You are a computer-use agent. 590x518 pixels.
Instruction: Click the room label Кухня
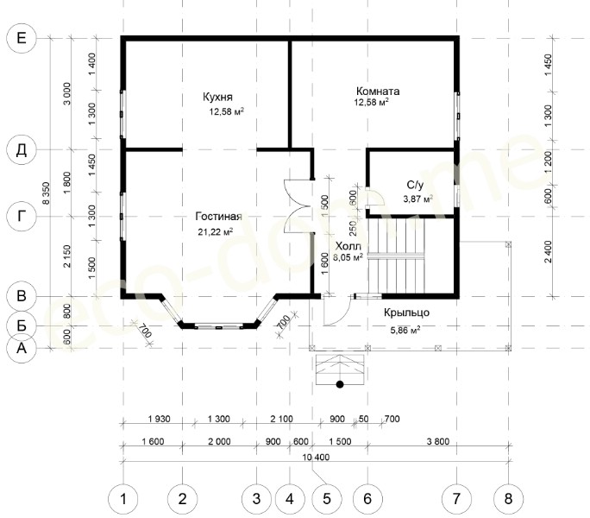click(217, 97)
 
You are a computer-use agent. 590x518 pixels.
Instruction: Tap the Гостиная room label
click(218, 216)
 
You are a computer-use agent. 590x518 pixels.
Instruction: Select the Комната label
click(378, 92)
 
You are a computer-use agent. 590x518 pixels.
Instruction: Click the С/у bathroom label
click(415, 185)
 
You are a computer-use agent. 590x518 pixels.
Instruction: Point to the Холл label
click(348, 246)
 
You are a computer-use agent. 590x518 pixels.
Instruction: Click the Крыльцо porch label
click(406, 313)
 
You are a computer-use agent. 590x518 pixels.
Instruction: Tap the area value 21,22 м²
click(216, 231)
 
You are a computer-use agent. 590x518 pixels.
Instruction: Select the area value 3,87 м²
click(417, 199)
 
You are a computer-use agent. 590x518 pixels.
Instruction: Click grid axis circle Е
click(22, 38)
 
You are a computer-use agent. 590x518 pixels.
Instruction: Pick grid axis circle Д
click(22, 149)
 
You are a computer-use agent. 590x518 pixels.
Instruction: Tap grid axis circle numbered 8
click(508, 499)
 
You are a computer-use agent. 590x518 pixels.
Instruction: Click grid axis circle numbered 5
click(327, 499)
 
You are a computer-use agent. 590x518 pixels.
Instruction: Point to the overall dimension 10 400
click(316, 457)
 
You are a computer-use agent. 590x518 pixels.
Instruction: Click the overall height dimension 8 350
click(46, 193)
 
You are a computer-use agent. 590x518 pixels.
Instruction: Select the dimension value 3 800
click(438, 441)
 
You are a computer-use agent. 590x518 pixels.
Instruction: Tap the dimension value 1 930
click(160, 419)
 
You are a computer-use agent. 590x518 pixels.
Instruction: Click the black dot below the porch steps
click(340, 384)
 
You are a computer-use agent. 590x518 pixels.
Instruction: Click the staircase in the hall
click(396, 256)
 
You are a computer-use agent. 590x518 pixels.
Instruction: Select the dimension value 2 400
click(549, 252)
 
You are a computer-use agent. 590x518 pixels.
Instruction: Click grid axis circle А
click(22, 348)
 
